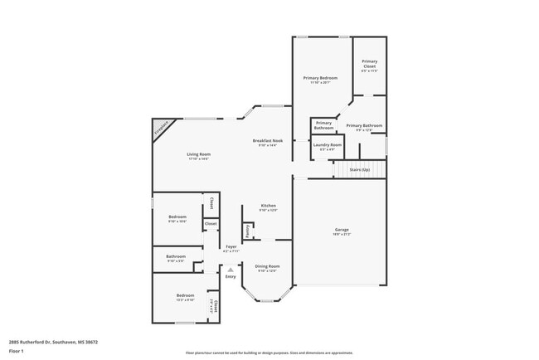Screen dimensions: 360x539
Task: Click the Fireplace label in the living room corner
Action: point(163,129)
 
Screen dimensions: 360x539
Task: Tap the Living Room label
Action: point(198,154)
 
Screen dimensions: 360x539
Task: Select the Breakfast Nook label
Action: point(268,141)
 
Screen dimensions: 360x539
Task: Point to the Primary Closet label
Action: point(369,65)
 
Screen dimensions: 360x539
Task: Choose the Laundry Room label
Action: point(327,145)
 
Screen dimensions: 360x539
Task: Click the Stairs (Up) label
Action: point(360,168)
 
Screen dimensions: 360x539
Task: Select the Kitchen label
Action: point(268,205)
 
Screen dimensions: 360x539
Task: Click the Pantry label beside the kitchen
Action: point(247,229)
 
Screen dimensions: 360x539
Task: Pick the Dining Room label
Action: point(266,266)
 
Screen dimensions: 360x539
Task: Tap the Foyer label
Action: point(231,246)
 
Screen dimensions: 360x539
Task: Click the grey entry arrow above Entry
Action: point(230,269)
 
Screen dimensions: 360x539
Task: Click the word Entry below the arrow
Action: point(230,276)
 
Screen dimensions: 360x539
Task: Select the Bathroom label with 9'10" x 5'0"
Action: point(175,256)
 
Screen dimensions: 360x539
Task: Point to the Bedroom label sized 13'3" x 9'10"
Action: point(184,295)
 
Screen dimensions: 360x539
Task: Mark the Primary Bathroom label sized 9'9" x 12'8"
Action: point(369,125)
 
